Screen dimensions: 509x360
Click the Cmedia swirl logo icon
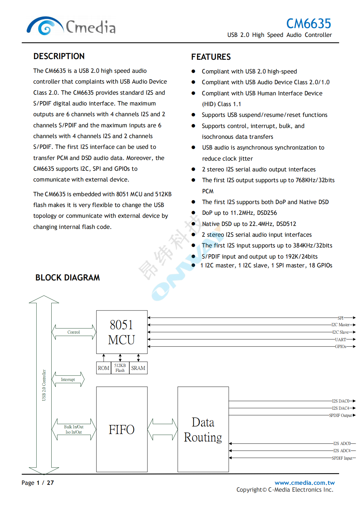point(45,26)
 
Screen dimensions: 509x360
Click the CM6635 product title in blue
point(308,24)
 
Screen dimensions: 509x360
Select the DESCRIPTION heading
point(59,56)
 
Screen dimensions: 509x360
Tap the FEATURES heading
point(211,57)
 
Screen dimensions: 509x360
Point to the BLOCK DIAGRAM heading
point(68,278)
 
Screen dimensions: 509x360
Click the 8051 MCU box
point(122,332)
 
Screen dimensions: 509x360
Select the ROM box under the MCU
point(104,368)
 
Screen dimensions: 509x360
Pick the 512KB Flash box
point(120,368)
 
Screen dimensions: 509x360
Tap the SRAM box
point(138,368)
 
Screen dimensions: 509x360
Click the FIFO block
point(122,429)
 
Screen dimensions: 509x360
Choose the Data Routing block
point(203,429)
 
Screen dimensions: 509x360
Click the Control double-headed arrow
point(74,332)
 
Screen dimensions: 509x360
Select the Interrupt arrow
point(68,379)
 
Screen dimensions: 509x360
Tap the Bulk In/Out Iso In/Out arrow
point(74,429)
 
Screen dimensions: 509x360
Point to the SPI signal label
point(340,318)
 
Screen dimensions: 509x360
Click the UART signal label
point(340,340)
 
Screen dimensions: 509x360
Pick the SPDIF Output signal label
point(340,416)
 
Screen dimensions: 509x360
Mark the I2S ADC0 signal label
point(342,443)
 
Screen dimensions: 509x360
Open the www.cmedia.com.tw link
point(304,483)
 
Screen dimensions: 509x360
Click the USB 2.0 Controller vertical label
point(44,385)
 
